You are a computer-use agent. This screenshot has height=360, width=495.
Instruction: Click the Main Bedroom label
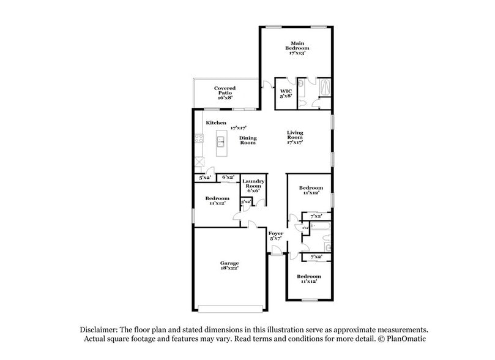click(297, 48)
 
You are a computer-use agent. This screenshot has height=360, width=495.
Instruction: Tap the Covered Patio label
click(225, 93)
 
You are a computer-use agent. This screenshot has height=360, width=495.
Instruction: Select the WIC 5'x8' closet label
click(285, 94)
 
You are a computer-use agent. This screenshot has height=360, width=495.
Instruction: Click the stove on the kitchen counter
click(198, 138)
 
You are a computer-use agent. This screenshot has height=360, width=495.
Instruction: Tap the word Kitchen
click(216, 123)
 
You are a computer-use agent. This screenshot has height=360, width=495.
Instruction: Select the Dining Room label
click(248, 140)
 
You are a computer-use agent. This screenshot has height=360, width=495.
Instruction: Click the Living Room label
click(296, 138)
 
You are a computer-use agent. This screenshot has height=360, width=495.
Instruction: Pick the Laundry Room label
click(253, 186)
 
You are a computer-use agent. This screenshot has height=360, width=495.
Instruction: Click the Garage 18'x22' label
click(229, 265)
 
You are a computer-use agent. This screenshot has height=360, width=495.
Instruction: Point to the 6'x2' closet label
click(228, 178)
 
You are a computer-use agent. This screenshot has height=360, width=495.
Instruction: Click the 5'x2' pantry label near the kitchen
click(204, 178)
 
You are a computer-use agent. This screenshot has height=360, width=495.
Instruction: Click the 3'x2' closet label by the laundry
click(246, 201)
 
